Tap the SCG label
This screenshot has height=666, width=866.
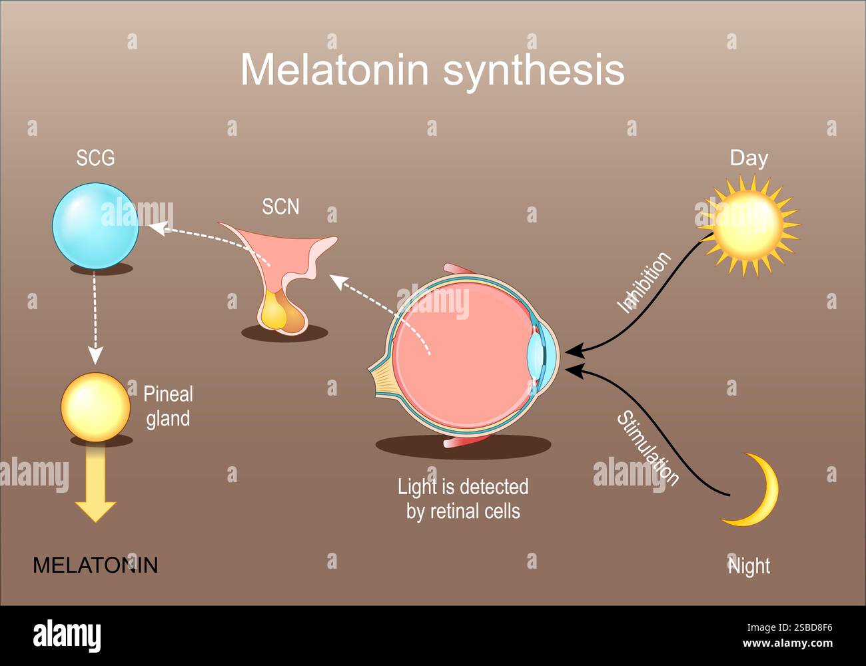[x=95, y=159]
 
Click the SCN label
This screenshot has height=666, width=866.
[x=280, y=207]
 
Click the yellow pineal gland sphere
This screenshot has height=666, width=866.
[x=95, y=406]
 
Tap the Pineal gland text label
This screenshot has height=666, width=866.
[x=168, y=406]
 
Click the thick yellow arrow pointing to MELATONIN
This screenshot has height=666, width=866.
[x=95, y=486]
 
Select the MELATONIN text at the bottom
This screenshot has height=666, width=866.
[x=95, y=565]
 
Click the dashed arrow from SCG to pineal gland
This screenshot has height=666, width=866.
[x=95, y=320]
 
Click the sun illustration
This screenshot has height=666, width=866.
[x=747, y=225]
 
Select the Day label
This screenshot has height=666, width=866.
[x=749, y=159]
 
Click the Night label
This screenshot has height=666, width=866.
[x=749, y=566]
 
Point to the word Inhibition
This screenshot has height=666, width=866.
[x=644, y=282]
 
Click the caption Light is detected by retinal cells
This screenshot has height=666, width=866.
[x=463, y=499]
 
